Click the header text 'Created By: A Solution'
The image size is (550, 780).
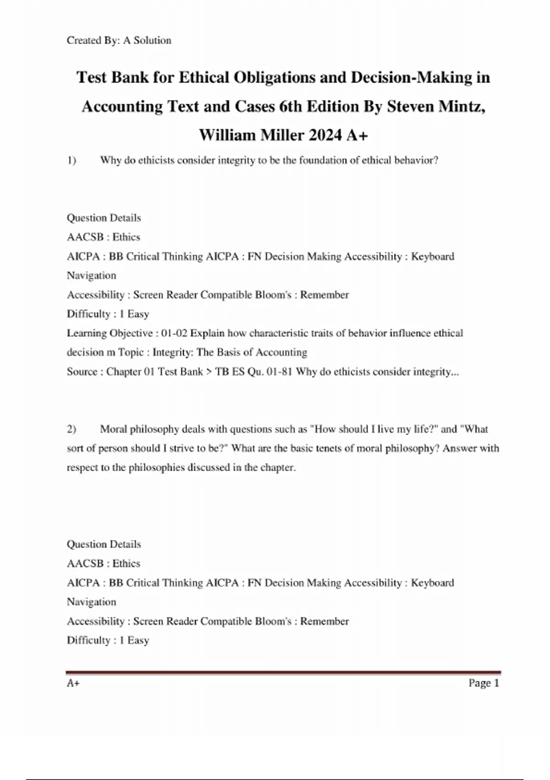pyautogui.click(x=119, y=40)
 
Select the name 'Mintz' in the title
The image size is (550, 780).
pyautogui.click(x=461, y=106)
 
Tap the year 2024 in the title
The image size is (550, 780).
pyautogui.click(x=325, y=135)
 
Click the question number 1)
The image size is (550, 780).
pyautogui.click(x=71, y=160)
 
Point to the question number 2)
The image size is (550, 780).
pyautogui.click(x=71, y=429)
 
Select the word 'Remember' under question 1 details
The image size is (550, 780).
pyautogui.click(x=324, y=295)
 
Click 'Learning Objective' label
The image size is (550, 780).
pyautogui.click(x=110, y=333)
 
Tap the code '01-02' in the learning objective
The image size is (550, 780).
pyautogui.click(x=174, y=333)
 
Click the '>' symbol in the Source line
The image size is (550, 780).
pyautogui.click(x=209, y=372)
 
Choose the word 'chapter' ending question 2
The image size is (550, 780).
pyautogui.click(x=277, y=468)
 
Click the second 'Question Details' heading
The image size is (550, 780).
pyautogui.click(x=104, y=544)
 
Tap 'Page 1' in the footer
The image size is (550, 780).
pyautogui.click(x=484, y=683)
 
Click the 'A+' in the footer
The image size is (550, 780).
pyautogui.click(x=73, y=683)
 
